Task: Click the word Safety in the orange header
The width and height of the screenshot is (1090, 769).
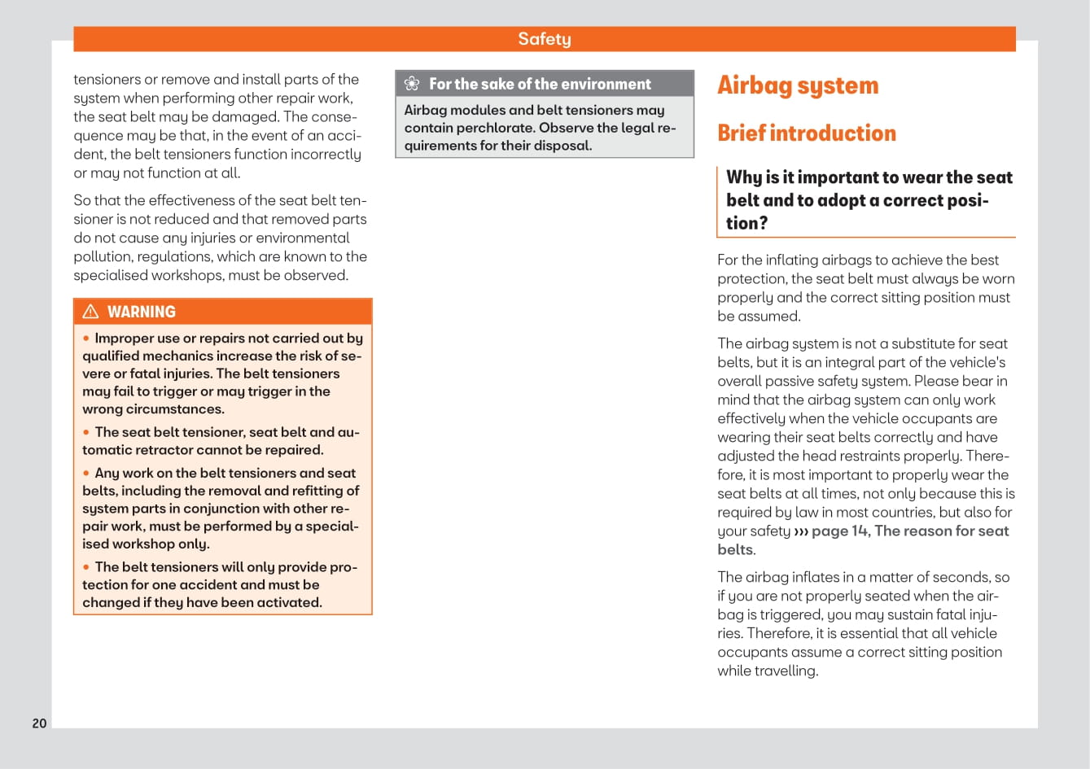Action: pos(545,39)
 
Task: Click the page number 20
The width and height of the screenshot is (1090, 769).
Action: pos(39,723)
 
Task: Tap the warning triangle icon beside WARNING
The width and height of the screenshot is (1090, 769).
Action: pos(90,312)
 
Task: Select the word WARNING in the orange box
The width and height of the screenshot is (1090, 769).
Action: pos(142,312)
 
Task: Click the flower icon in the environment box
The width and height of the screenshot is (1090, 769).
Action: pos(412,84)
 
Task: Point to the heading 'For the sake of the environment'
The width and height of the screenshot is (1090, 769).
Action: pos(540,84)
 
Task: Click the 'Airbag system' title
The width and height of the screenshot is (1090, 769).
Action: pos(798,85)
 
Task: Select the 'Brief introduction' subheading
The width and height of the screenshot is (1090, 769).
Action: pos(807,133)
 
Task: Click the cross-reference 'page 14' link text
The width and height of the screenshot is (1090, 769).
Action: pos(840,531)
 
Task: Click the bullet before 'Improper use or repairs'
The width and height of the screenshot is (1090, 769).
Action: pos(86,339)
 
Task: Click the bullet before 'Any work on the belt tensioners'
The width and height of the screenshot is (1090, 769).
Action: pos(86,474)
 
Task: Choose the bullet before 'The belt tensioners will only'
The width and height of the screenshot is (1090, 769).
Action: pos(86,567)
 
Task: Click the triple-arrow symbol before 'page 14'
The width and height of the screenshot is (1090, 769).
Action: pos(801,532)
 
